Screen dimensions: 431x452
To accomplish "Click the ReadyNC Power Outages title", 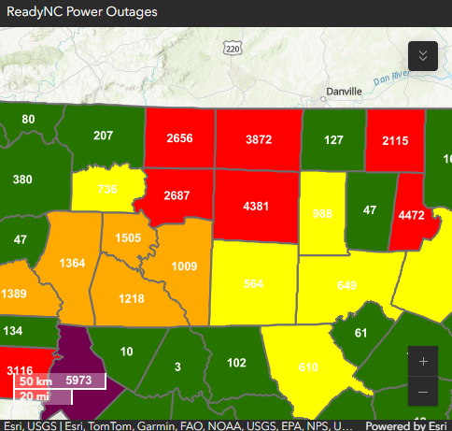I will (82, 13).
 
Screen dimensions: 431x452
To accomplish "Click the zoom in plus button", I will (423, 361).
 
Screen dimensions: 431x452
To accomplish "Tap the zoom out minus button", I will (423, 391).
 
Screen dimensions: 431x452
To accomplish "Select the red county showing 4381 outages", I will (255, 206).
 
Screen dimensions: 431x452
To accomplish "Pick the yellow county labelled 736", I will (107, 190).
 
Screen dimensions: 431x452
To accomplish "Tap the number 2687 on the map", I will (177, 196).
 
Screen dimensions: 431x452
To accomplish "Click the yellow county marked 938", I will (322, 213).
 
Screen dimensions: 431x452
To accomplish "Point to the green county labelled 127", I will (332, 140).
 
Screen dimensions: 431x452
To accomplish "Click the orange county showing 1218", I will (131, 297).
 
